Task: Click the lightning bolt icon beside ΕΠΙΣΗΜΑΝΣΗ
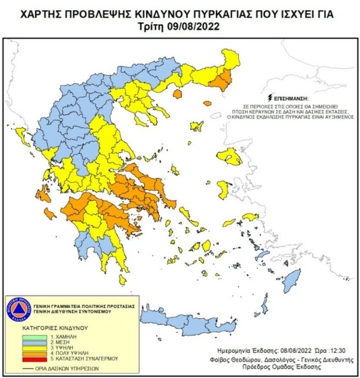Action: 269,97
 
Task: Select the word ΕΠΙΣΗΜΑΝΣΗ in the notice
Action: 290,98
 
